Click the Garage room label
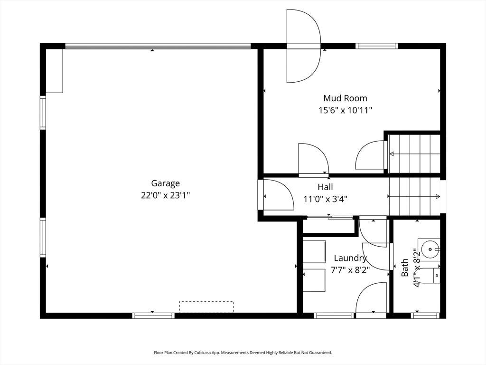(x=165, y=184)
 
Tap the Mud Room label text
(x=346, y=98)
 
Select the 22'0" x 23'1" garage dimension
(x=165, y=195)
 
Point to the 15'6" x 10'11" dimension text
(x=346, y=110)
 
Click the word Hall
(x=325, y=187)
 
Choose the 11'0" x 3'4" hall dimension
(x=325, y=199)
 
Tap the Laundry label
(x=350, y=258)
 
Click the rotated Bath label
(x=404, y=268)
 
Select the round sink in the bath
(x=430, y=249)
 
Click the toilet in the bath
(x=431, y=276)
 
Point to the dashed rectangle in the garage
(x=206, y=307)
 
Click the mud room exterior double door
(x=303, y=46)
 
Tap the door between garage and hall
(x=276, y=195)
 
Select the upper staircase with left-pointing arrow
(x=414, y=154)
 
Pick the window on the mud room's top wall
(x=376, y=46)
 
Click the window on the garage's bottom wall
(x=153, y=316)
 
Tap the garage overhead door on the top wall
(x=158, y=46)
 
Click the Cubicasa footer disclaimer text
(x=243, y=353)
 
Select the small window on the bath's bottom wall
(x=425, y=316)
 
